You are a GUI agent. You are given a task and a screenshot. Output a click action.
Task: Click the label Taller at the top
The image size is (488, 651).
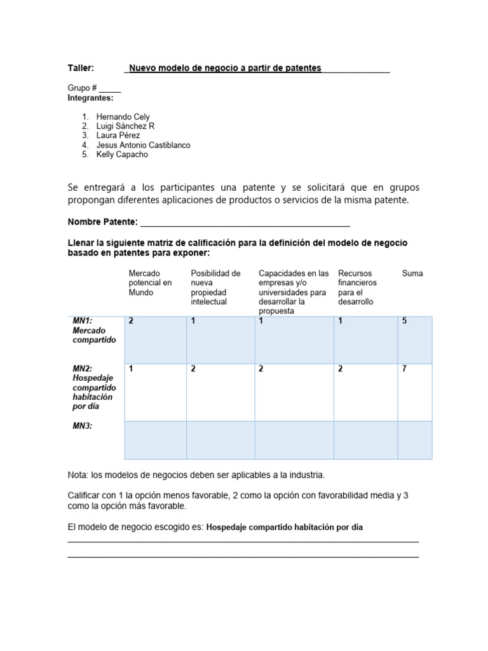81,68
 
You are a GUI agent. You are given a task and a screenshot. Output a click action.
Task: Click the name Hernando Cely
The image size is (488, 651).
123,117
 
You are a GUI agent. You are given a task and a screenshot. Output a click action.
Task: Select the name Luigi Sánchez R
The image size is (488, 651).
125,127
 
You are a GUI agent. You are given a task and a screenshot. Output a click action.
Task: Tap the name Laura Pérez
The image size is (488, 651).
118,135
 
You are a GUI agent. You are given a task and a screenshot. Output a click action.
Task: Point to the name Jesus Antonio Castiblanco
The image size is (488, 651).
143,145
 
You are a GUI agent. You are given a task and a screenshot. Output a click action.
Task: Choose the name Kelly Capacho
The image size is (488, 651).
121,154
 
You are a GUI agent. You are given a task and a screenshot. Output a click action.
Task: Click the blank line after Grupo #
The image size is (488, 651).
110,88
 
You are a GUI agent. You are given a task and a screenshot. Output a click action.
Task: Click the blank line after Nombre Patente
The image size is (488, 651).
245,222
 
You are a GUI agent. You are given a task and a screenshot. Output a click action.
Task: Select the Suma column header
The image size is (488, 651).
412,273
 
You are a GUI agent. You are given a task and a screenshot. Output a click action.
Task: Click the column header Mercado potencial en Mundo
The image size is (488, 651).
151,283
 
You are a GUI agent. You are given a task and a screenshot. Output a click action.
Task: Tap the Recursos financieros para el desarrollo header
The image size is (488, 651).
358,287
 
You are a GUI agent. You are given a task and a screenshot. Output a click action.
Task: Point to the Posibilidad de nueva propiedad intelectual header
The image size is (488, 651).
215,287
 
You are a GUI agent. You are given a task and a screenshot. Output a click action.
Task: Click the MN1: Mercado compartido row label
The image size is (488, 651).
94,331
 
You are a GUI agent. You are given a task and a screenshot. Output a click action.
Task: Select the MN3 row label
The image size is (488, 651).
82,426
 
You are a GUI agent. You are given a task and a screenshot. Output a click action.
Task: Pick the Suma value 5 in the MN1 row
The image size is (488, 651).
404,321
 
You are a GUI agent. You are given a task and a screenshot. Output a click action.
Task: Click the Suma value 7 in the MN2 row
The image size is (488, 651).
404,369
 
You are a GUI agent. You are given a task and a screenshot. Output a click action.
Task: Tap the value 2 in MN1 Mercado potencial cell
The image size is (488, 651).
131,321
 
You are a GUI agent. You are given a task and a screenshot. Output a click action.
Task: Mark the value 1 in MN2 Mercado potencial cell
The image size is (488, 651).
131,369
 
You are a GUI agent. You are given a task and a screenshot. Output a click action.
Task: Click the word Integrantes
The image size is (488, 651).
90,98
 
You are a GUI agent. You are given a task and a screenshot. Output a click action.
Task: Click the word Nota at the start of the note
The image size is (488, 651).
77,475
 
